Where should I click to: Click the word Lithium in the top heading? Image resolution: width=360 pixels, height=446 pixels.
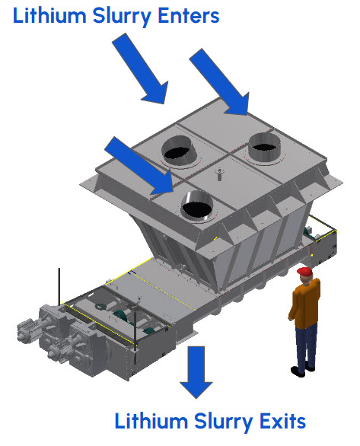pyautogui.click(x=49, y=15)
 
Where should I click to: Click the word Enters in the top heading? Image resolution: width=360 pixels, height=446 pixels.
pyautogui.click(x=189, y=15)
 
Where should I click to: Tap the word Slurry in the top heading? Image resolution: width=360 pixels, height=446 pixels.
pyautogui.click(x=122, y=17)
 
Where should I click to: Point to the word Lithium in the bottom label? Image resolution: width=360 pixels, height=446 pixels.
pyautogui.click(x=151, y=421)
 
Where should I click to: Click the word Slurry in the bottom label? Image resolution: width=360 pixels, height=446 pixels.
pyautogui.click(x=224, y=422)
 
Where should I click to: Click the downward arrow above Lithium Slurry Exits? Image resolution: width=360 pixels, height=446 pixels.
pyautogui.click(x=196, y=372)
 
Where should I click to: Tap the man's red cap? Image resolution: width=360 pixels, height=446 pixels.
pyautogui.click(x=305, y=272)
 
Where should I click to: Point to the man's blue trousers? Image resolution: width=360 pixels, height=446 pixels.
pyautogui.click(x=305, y=346)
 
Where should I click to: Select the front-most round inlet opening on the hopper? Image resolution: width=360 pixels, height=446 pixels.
pyautogui.click(x=197, y=205)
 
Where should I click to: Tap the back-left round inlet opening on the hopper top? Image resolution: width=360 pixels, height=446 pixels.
pyautogui.click(x=179, y=150)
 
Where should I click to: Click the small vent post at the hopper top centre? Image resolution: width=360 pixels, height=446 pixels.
pyautogui.click(x=219, y=174)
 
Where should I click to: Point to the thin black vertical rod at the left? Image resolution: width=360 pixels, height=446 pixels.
pyautogui.click(x=59, y=286)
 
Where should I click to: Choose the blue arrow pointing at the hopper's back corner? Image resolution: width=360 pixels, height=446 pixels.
pyautogui.click(x=220, y=82)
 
